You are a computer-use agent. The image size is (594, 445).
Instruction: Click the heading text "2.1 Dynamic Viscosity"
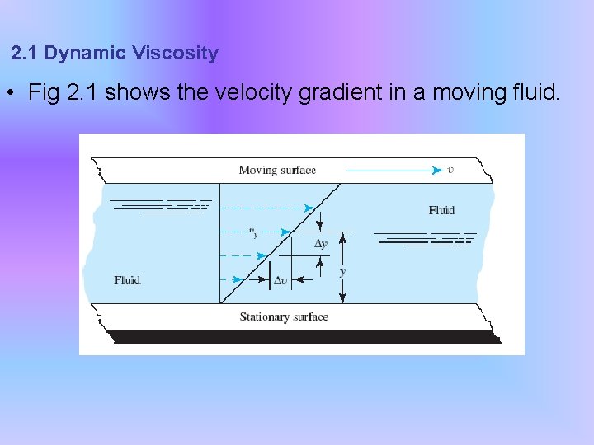[115, 54]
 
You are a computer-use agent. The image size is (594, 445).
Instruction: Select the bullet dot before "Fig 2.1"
[11, 93]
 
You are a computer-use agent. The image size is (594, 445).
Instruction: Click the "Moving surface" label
[277, 171]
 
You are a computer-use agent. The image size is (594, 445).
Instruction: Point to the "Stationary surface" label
[284, 317]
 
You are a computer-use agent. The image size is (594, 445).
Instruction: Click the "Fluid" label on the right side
[441, 210]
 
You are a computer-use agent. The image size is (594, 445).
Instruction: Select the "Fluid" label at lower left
[127, 281]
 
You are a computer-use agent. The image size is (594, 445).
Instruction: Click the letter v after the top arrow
[450, 171]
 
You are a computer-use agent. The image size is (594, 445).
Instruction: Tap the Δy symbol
[321, 244]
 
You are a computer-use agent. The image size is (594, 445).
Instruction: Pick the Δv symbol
[280, 281]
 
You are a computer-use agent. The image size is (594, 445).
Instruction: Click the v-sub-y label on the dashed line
[253, 232]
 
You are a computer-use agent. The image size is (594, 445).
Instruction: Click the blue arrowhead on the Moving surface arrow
[438, 171]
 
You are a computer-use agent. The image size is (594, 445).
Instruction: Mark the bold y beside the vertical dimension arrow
[342, 271]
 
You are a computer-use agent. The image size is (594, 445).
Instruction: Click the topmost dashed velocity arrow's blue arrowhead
[309, 208]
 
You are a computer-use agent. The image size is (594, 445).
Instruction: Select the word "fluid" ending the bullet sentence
[535, 92]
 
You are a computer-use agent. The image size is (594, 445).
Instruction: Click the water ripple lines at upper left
[161, 206]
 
